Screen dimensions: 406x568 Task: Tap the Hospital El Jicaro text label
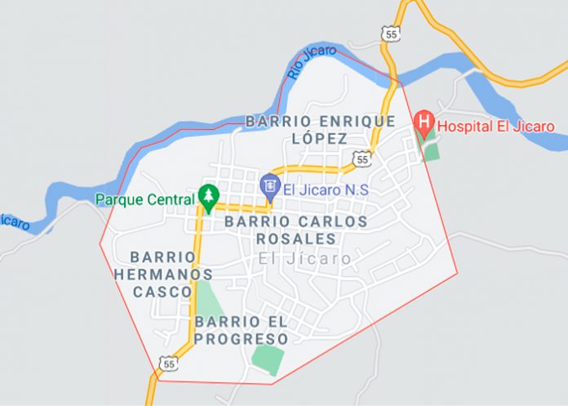coord(495,126)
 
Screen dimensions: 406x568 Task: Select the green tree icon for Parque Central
coord(209,196)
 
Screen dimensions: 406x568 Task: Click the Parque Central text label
coord(144,199)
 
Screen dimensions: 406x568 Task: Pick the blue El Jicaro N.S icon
coord(268,187)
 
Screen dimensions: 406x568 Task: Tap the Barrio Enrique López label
coord(320,129)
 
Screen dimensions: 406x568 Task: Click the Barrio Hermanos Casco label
coord(162,274)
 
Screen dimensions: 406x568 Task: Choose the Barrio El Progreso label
coord(242,330)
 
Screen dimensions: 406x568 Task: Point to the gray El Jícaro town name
coord(304,258)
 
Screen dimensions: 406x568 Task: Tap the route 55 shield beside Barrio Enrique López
coord(360,158)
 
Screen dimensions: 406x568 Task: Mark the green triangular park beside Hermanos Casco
coord(206,297)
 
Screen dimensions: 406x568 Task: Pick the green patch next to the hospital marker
coord(431,151)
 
